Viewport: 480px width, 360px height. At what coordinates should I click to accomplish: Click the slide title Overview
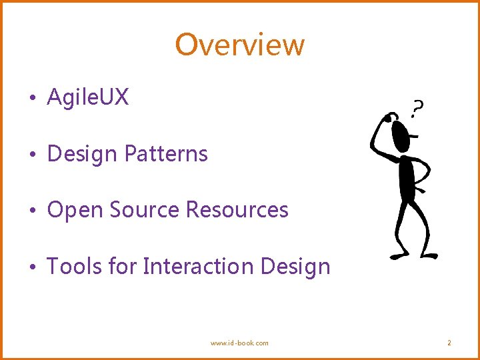coord(240,45)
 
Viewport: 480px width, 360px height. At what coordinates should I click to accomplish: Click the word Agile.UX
coord(88,98)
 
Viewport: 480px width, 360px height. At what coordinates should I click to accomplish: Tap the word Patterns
coord(166,154)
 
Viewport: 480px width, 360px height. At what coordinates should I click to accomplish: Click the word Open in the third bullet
coord(75,210)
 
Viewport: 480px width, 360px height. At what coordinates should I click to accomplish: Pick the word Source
coord(145,210)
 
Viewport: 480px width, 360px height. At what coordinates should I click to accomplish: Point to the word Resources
coord(237,210)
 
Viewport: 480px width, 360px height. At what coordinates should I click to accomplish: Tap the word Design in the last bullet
coord(295,267)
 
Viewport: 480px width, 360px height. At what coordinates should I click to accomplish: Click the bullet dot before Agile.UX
coord(31,99)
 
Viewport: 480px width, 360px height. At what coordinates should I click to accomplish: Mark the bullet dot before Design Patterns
coord(31,155)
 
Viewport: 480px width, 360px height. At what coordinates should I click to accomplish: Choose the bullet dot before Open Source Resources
coord(31,211)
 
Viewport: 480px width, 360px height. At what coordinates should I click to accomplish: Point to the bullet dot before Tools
coord(31,268)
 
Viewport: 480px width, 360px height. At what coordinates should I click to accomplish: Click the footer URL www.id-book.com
coord(239,343)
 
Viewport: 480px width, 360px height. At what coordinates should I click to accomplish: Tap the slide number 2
coord(449,343)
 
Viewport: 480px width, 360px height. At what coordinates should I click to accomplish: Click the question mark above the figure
coord(417,108)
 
